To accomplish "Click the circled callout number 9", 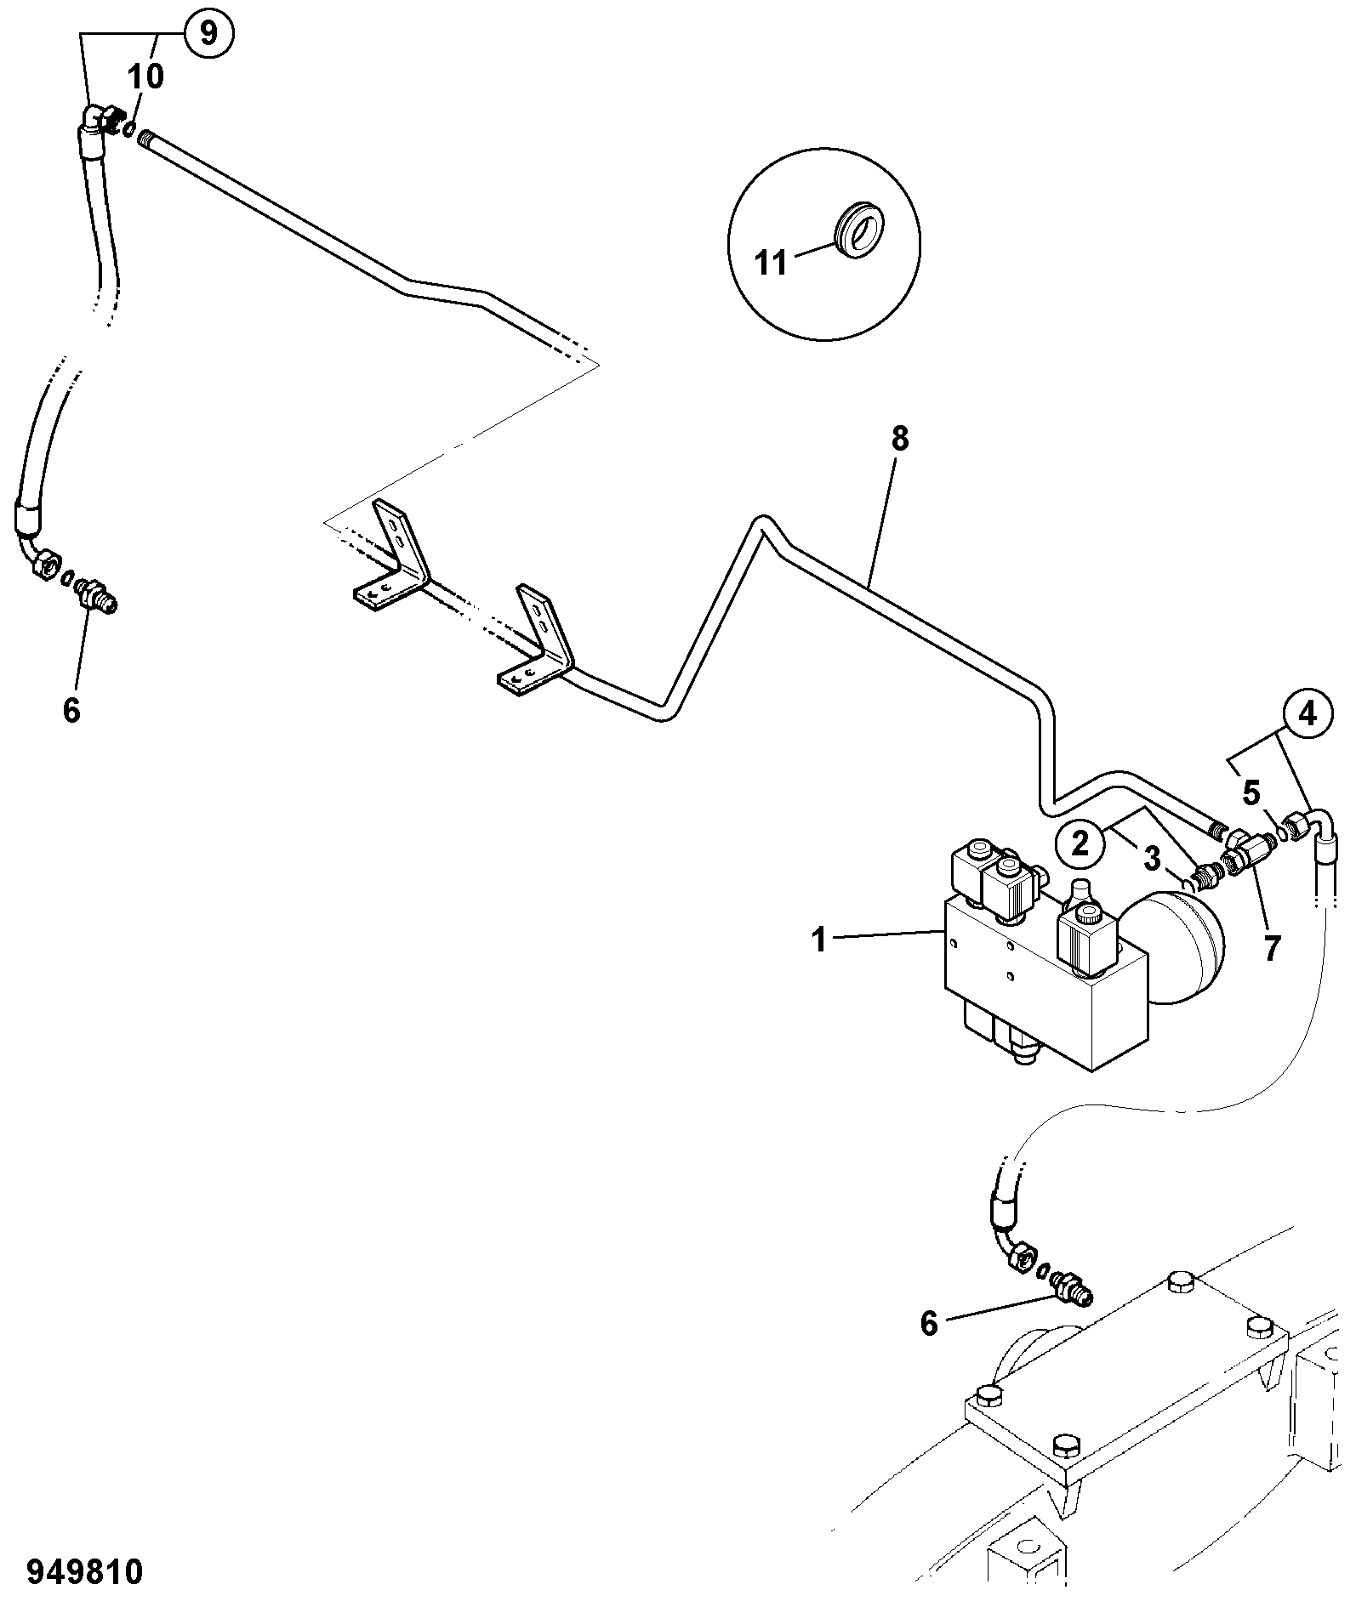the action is pos(208,33).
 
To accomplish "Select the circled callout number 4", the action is pos(1308,716).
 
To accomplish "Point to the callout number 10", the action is pos(145,77).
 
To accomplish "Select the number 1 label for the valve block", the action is pos(818,940).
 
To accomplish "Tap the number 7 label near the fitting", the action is pos(1272,948).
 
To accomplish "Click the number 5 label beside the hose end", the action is pos(1251,793).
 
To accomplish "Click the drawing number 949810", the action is pos(84,1572).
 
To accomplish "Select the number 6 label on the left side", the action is pos(71,710).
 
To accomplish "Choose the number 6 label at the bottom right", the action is pos(929,1323).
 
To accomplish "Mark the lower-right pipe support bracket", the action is pos(536,639).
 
